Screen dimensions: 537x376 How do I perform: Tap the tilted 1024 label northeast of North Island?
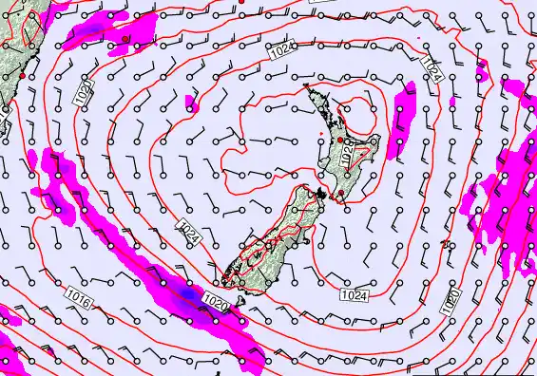tap(431, 68)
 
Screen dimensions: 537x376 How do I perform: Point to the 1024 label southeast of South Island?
tap(354, 296)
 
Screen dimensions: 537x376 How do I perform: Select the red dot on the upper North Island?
tap(340, 141)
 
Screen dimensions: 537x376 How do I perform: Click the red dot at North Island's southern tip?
tap(341, 194)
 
